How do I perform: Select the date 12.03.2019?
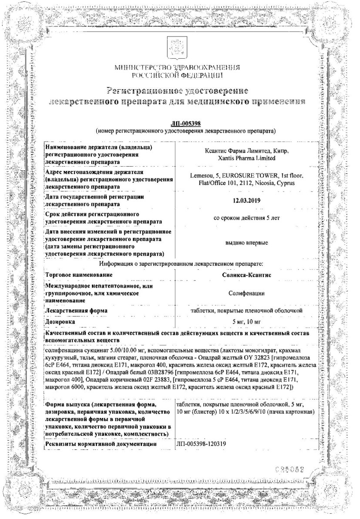pos(246,201)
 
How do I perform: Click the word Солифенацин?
pos(246,294)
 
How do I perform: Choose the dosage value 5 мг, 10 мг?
pos(246,321)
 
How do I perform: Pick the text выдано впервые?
pos(246,243)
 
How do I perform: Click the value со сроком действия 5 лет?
pos(246,218)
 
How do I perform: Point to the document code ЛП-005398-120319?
pos(201,444)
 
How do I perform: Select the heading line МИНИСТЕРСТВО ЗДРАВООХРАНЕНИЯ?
pos(177,68)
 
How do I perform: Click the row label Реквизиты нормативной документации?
pos(101,444)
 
